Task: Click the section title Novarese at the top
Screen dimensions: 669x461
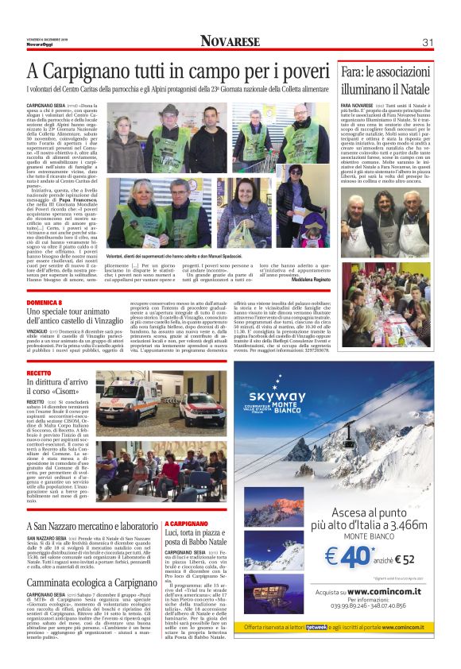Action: tap(230, 41)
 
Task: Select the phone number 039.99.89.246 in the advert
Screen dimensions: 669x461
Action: tap(346, 626)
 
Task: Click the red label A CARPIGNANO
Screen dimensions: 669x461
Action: tap(188, 524)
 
